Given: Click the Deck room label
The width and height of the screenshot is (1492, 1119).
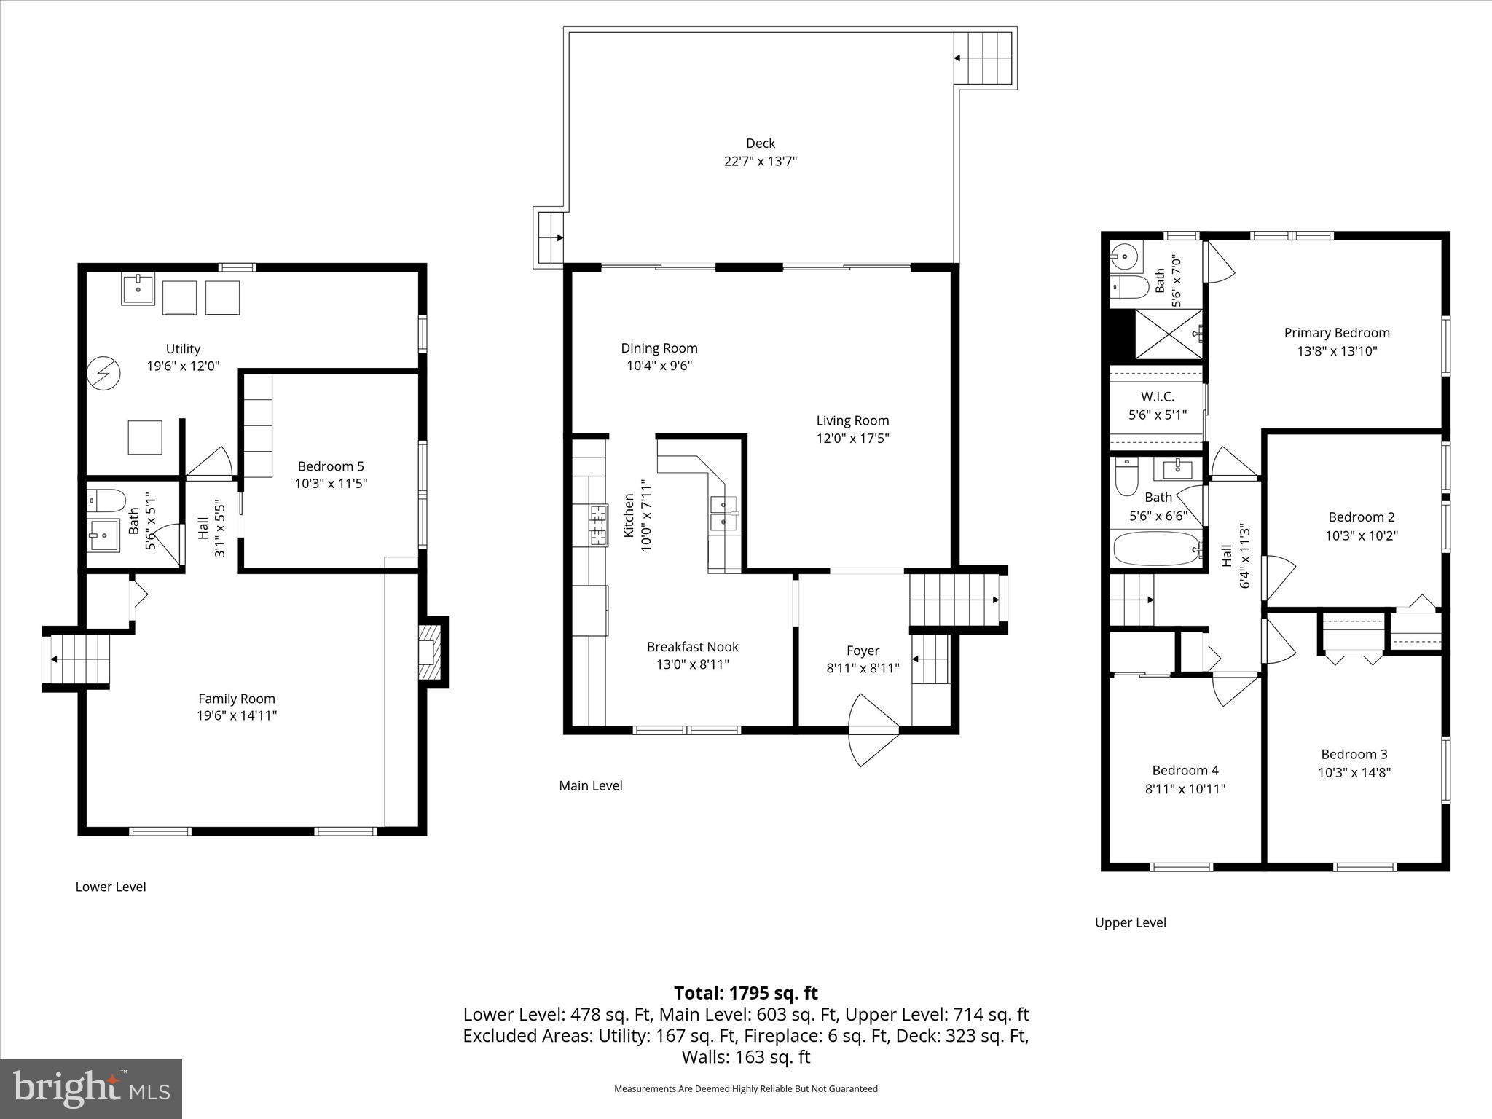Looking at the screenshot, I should point(760,144).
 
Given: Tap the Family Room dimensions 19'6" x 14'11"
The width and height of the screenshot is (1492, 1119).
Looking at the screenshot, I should point(237,715).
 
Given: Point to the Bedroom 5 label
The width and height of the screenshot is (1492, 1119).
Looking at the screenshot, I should point(331,466).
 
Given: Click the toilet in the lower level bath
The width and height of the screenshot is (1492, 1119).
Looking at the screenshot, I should point(106,500).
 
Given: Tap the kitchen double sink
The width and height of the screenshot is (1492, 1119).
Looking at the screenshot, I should point(723,512).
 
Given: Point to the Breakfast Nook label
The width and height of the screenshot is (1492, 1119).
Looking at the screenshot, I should point(692,647).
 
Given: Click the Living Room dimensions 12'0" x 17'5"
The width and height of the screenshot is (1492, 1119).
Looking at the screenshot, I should point(852,439).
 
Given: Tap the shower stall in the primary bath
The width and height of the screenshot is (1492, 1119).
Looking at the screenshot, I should point(1169,334).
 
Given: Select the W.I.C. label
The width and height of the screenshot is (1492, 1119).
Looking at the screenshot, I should point(1157,397).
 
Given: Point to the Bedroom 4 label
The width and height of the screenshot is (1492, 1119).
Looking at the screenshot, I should point(1185,771).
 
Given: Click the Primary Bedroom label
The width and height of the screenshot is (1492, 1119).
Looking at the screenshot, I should point(1336,333).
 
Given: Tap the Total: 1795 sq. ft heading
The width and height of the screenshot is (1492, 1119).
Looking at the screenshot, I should point(745,993).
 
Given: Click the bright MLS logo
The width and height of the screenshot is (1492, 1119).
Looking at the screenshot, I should point(91,1088).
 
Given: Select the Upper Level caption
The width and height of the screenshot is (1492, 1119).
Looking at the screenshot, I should point(1130,922).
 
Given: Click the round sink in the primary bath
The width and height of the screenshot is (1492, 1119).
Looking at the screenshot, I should point(1126,256).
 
